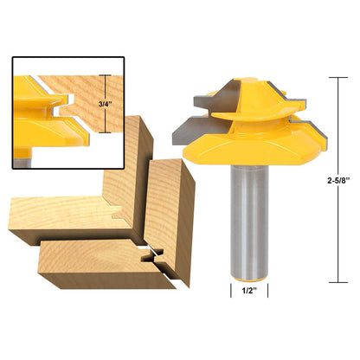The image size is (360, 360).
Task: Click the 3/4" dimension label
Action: click(x=105, y=104)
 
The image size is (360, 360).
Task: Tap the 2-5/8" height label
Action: click(x=338, y=181)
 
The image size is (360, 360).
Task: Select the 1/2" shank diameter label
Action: click(x=249, y=291)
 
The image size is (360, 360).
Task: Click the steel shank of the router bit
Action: click(x=249, y=220)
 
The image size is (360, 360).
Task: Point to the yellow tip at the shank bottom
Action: click(x=249, y=280)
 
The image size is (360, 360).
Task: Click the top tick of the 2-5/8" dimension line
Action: click(x=338, y=78)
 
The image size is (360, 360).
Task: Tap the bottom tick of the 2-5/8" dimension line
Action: click(x=338, y=282)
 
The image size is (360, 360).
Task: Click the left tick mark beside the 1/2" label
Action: click(x=231, y=291)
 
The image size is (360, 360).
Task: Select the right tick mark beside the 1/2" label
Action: click(x=268, y=291)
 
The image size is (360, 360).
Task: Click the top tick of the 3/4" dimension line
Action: click(x=105, y=75)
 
